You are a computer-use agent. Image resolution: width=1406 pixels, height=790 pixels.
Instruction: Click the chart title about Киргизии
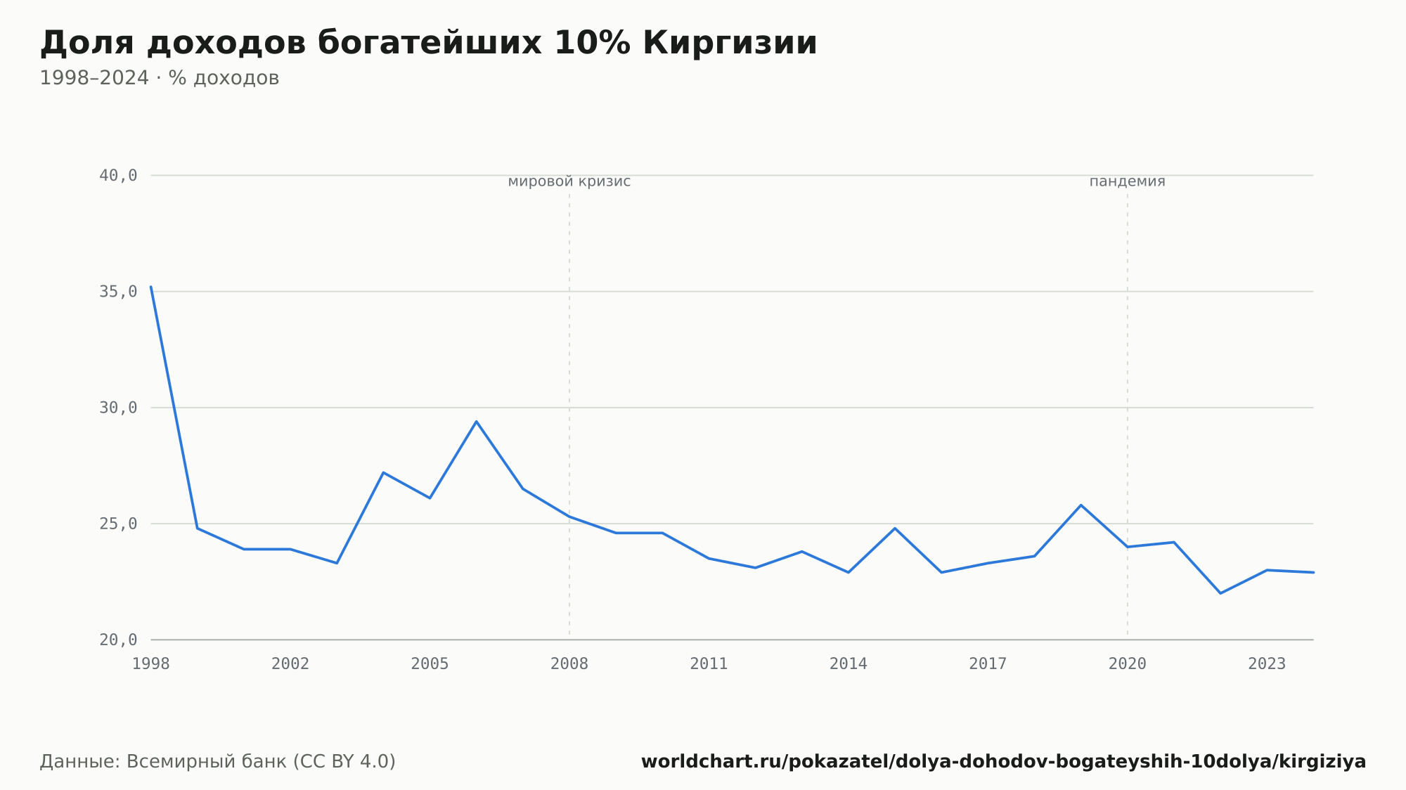point(429,43)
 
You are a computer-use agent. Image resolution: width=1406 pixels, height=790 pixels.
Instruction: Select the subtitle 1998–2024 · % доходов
point(160,78)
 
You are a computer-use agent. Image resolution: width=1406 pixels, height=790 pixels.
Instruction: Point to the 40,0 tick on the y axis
point(118,176)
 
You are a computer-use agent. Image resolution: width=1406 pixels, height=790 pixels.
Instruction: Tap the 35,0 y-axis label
point(118,292)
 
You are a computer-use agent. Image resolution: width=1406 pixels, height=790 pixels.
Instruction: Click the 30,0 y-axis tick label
point(118,408)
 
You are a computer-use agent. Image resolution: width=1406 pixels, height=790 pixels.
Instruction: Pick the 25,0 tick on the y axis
point(118,524)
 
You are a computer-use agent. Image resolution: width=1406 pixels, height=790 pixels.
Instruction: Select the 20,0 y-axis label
point(118,640)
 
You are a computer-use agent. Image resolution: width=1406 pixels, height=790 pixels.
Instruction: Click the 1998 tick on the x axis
point(151,663)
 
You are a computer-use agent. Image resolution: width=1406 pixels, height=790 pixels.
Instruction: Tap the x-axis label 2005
point(430,663)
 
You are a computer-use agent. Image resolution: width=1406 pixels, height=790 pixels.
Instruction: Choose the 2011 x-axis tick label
point(709,663)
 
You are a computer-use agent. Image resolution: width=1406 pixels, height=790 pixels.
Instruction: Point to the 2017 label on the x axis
point(988,663)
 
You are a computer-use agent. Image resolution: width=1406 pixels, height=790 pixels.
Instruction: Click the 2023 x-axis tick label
point(1267,663)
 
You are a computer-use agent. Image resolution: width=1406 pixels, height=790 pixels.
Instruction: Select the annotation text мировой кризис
point(569,181)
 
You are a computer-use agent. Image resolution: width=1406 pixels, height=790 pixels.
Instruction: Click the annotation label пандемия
point(1128,181)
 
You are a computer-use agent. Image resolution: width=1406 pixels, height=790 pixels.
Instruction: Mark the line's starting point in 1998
point(151,287)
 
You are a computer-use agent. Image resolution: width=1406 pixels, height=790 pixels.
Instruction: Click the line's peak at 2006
point(476,422)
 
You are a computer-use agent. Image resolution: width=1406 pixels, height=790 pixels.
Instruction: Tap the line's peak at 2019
point(1081,505)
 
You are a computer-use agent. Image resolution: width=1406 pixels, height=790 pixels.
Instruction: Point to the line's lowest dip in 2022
point(1220,593)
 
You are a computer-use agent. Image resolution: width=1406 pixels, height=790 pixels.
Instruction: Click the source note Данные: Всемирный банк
point(218,762)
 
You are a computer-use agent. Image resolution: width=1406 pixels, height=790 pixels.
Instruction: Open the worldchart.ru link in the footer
point(1004,762)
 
